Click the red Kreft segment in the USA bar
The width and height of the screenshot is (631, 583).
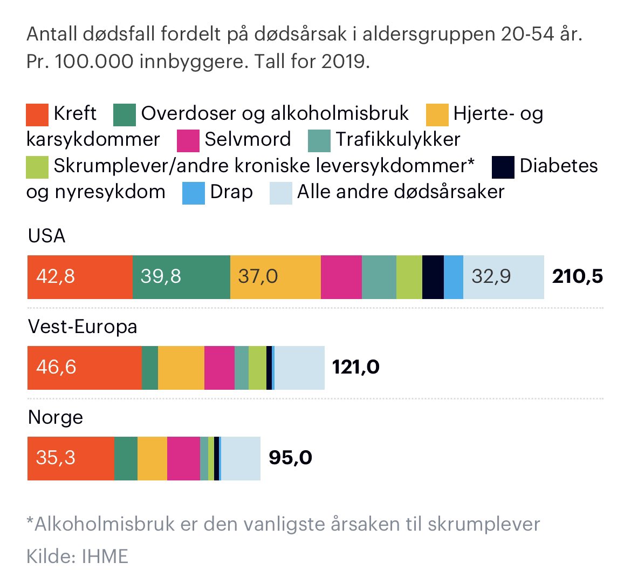click(x=80, y=277)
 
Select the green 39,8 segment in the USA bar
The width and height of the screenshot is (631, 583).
click(x=181, y=277)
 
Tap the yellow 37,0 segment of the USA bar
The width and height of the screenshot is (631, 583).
click(x=275, y=277)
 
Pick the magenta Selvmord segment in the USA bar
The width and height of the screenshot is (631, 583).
click(x=341, y=277)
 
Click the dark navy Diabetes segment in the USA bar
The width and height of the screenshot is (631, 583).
click(x=433, y=277)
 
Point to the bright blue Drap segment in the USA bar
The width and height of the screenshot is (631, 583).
click(x=454, y=277)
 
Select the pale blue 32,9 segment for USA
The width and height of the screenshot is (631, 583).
click(x=503, y=277)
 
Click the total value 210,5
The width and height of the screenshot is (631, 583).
click(x=577, y=277)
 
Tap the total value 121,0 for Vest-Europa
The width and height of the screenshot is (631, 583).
click(x=355, y=368)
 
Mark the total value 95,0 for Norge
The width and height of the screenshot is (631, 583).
click(x=290, y=458)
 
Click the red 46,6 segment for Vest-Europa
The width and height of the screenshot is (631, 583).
click(x=84, y=368)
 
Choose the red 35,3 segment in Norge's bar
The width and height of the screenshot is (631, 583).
click(x=71, y=458)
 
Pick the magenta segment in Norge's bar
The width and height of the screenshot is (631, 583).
click(x=183, y=458)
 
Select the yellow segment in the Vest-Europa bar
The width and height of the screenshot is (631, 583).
click(x=181, y=368)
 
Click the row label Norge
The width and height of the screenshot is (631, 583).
click(x=56, y=417)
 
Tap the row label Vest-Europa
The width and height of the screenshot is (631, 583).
click(x=83, y=327)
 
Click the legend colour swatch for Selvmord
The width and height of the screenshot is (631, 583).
click(x=188, y=140)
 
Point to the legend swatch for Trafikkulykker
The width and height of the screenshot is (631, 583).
click(x=319, y=140)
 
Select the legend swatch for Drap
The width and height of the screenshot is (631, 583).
click(x=194, y=193)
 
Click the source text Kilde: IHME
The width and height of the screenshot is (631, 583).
click(x=77, y=556)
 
